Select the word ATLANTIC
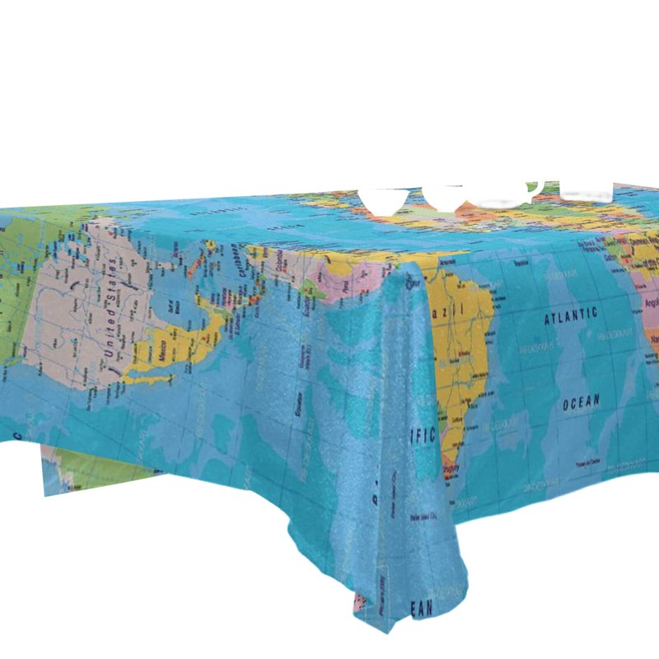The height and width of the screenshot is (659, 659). pos(570,314)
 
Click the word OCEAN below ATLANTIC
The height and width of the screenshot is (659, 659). pos(581,403)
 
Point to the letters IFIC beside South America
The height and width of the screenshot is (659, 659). pos(422,435)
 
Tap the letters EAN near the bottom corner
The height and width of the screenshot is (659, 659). pos(421,609)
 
